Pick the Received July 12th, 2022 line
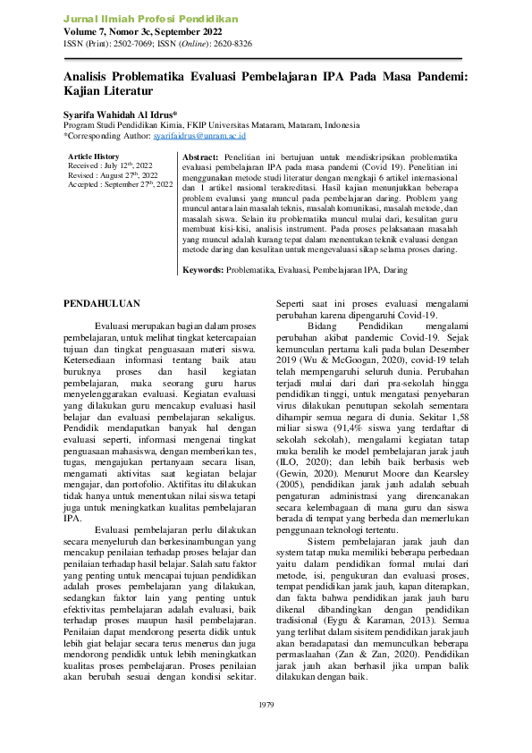(x=109, y=166)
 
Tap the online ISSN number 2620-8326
(x=232, y=43)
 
